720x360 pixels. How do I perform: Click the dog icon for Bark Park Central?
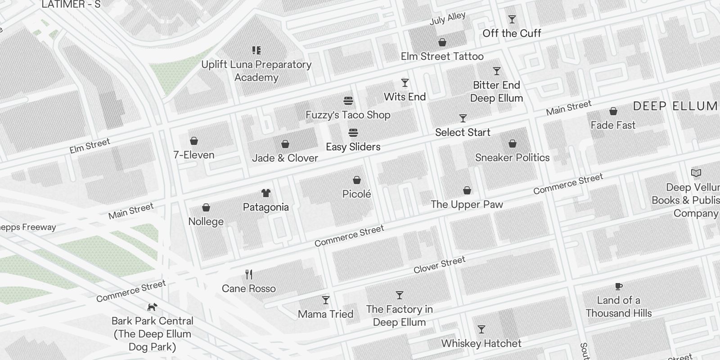tap(153, 307)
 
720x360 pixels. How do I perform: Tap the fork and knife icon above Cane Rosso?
tap(249, 274)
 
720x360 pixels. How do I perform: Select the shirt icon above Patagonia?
tap(266, 193)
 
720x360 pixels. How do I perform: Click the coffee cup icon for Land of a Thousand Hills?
tap(619, 286)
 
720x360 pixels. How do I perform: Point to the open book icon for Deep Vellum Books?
tap(696, 173)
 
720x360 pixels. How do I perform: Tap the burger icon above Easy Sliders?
tap(353, 133)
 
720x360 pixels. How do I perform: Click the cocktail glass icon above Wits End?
tap(405, 83)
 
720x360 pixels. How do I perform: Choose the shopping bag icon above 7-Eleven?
tap(194, 141)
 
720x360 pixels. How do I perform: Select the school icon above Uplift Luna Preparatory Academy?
tap(256, 50)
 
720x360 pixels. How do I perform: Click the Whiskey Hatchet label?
tap(481, 343)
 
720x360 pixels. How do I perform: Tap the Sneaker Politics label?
tap(512, 157)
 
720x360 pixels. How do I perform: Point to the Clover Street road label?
tap(439, 265)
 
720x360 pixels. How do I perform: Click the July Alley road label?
tap(447, 18)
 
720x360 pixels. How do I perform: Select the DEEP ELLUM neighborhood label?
tap(675, 106)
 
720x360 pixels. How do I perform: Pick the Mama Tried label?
tap(326, 314)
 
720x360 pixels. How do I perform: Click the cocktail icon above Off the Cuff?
tap(512, 19)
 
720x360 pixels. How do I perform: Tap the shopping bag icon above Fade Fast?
tap(613, 111)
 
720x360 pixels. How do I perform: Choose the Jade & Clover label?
tap(285, 158)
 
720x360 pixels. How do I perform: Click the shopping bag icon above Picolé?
tap(357, 180)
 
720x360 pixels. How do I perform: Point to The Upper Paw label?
tap(467, 204)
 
